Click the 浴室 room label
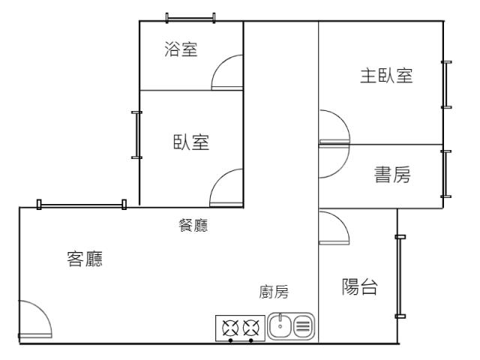pyautogui.click(x=181, y=50)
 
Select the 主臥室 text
pyautogui.click(x=386, y=76)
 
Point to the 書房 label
pyautogui.click(x=392, y=175)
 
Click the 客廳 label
pyautogui.click(x=85, y=259)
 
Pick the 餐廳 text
pyautogui.click(x=190, y=226)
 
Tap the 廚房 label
pyautogui.click(x=274, y=292)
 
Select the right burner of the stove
pyautogui.click(x=252, y=327)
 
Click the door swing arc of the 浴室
pyautogui.click(x=228, y=73)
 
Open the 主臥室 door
pyautogui.click(x=334, y=126)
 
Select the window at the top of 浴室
pyautogui.click(x=190, y=17)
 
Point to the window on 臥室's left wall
pyautogui.click(x=136, y=135)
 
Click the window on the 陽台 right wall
pyautogui.click(x=400, y=277)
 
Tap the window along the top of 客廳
pyautogui.click(x=82, y=204)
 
